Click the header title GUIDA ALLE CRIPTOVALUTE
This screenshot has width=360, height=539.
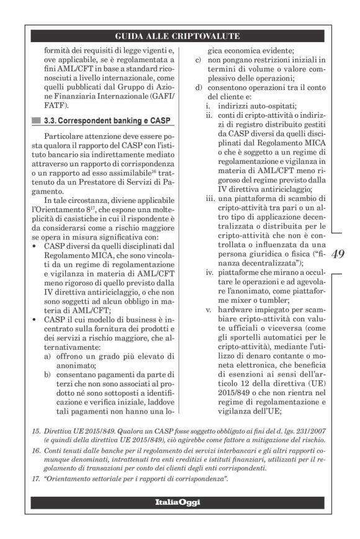point(179,37)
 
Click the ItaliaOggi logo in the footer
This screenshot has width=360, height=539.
point(179,501)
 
